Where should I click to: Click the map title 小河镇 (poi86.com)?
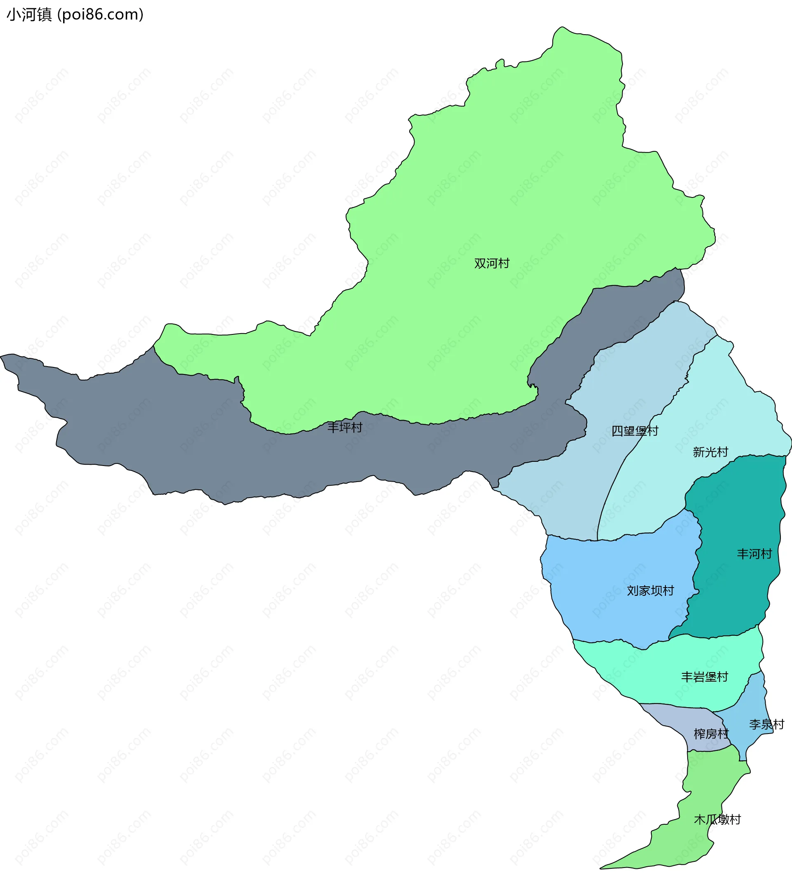tap(75, 14)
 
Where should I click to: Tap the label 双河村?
tap(492, 263)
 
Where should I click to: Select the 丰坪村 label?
tap(345, 428)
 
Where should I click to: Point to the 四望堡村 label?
tap(634, 431)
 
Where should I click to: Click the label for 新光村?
tap(710, 452)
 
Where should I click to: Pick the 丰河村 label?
tap(754, 554)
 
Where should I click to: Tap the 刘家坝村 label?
tap(650, 591)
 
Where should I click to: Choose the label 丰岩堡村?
tap(704, 677)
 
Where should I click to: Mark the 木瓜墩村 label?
tap(717, 820)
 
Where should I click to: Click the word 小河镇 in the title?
tap(29, 14)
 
